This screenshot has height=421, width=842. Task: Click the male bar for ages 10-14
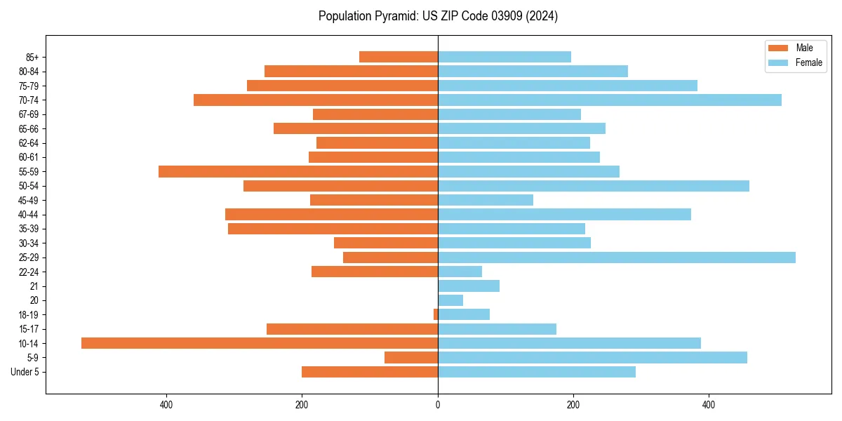click(260, 343)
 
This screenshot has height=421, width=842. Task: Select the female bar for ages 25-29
click(617, 258)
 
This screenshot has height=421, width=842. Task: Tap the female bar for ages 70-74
click(610, 100)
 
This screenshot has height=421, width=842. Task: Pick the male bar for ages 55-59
click(298, 172)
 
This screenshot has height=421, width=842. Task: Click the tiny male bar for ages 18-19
click(436, 314)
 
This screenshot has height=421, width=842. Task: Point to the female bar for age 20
click(450, 300)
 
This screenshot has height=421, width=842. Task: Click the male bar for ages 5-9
click(411, 358)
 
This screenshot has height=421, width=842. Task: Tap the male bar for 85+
click(399, 57)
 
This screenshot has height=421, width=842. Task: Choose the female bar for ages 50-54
click(594, 186)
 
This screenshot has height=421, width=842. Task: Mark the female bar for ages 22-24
click(460, 272)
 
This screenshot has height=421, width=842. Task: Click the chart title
click(438, 16)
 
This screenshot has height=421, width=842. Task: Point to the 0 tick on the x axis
click(438, 405)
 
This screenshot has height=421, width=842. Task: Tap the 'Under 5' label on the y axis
click(25, 372)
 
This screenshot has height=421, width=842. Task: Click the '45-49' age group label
click(29, 200)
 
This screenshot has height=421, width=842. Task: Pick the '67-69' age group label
click(29, 114)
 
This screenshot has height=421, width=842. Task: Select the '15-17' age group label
click(29, 329)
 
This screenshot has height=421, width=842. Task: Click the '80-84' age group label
click(29, 72)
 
